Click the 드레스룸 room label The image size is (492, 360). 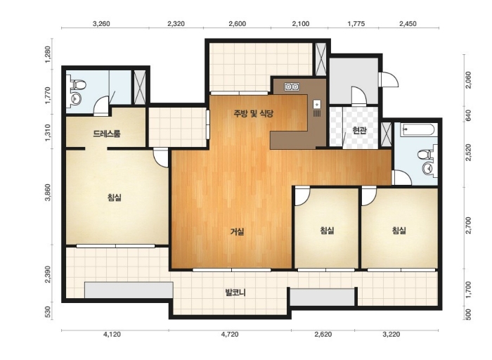click(106, 134)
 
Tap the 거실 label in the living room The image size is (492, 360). click(238, 232)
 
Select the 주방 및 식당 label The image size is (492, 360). click(253, 113)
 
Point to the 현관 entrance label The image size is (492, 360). click(359, 130)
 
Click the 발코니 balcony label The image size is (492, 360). click(235, 292)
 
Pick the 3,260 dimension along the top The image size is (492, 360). click(102, 24)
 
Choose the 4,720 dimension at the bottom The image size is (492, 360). click(230, 335)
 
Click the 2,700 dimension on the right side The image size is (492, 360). click(469, 226)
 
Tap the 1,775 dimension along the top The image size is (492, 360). click(356, 24)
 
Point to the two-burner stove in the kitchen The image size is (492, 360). click(292, 86)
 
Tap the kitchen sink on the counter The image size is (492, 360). click(317, 103)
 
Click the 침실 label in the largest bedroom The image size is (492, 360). click(114, 198)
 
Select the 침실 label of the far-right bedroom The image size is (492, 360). click(399, 231)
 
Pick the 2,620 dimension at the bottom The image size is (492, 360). click(323, 335)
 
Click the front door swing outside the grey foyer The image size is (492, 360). click(389, 79)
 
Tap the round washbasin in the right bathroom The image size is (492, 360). click(428, 169)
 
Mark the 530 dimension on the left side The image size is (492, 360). click(48, 313)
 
